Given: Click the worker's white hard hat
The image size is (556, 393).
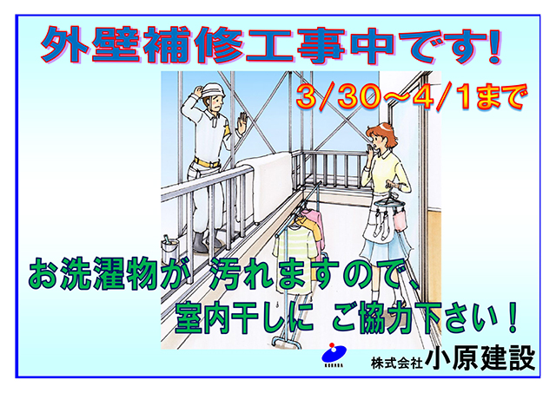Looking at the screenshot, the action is pos(214,90).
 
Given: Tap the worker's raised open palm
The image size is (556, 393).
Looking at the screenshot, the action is pos(243,122).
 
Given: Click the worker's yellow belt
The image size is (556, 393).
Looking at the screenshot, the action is pos(206,163).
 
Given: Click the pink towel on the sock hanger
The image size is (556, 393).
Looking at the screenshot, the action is pos(400,219).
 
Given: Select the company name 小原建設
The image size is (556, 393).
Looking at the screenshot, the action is pos(480,358).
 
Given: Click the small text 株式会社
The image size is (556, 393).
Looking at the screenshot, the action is pos(397,363).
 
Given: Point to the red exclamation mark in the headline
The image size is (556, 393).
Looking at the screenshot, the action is pos(493,46).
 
